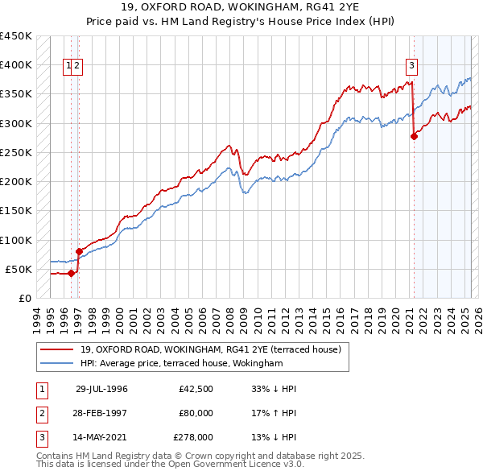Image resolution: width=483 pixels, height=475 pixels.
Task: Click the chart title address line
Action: click(x=242, y=7)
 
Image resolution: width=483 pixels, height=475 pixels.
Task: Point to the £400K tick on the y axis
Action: click(x=15, y=65)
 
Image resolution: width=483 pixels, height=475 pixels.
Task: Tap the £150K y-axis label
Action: click(x=15, y=211)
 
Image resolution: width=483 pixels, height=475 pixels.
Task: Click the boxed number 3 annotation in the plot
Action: click(x=411, y=67)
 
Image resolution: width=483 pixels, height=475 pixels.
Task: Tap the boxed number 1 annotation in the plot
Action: click(x=68, y=67)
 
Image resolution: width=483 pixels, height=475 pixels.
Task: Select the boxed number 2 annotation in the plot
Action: click(x=77, y=67)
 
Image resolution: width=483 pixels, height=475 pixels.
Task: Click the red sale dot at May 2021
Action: click(x=414, y=136)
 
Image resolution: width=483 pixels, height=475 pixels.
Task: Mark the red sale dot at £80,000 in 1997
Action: click(x=79, y=251)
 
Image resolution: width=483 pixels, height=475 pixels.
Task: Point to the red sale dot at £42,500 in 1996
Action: click(x=71, y=273)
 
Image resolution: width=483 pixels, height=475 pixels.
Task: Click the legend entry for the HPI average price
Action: click(x=181, y=364)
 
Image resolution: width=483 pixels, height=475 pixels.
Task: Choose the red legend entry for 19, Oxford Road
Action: click(x=211, y=349)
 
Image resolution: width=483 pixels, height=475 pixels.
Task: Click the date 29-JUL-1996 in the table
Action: click(x=101, y=389)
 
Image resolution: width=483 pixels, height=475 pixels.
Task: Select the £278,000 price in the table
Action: click(x=193, y=437)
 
